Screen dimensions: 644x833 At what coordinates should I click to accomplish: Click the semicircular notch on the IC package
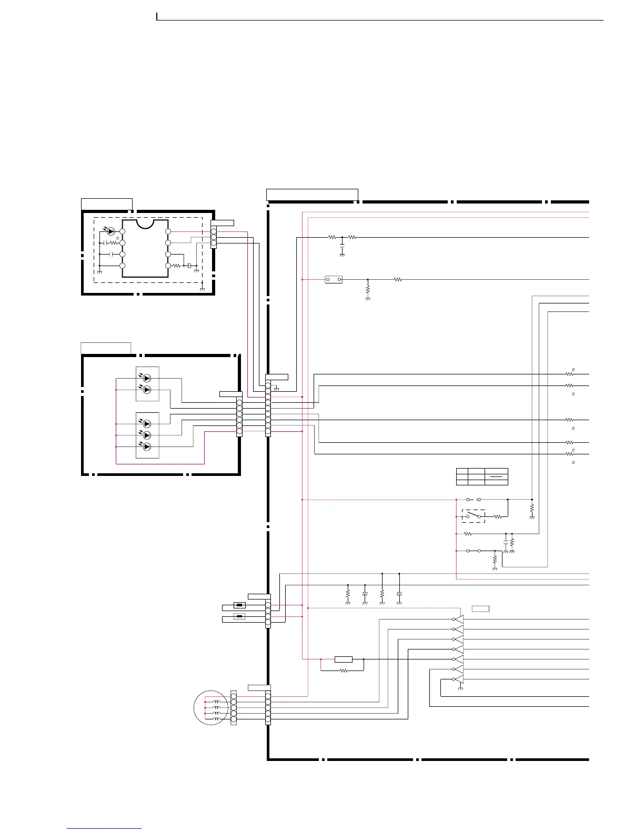point(145,224)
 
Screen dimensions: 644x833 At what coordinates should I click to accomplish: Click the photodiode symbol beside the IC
point(110,231)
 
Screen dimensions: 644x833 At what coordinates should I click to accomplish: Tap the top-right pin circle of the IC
point(168,231)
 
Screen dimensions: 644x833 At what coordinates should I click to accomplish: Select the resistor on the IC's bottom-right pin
point(177,266)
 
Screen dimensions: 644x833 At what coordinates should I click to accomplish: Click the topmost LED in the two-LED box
point(147,378)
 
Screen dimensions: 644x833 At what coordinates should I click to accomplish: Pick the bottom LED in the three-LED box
point(147,446)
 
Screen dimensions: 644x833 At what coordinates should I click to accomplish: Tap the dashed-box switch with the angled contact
point(474,516)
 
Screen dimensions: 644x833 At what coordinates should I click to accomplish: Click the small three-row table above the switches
point(482,476)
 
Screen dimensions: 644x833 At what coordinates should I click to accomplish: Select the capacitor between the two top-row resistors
point(342,246)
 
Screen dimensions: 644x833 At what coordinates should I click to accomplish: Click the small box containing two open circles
point(334,280)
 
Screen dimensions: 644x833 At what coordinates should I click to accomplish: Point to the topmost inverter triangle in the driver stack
point(459,619)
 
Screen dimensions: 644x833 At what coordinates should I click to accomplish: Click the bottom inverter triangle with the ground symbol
point(459,679)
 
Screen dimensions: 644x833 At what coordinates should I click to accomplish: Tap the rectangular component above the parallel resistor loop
point(344,659)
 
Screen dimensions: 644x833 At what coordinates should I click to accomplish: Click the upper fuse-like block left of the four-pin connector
point(239,605)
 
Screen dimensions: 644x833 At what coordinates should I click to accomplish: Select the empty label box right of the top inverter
point(480,609)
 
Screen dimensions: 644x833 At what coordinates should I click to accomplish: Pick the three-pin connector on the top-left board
point(214,237)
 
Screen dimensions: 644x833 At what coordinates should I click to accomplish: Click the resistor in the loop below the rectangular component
point(344,671)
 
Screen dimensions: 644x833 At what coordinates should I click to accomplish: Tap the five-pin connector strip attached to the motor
point(234,708)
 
